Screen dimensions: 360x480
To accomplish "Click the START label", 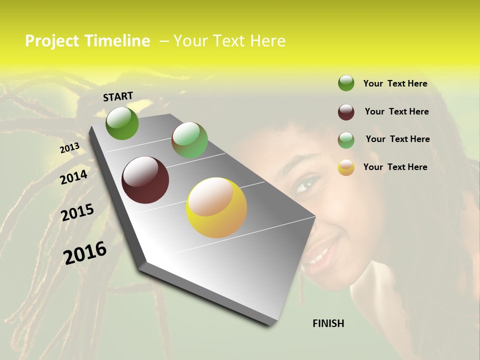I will coord(118,96).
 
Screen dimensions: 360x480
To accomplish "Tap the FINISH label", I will coord(328,323).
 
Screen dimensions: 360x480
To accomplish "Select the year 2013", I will coord(69,148).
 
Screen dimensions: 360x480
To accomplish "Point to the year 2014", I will coord(73,177).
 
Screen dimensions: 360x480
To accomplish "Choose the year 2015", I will coord(77,212).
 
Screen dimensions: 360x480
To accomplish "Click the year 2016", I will coord(85,252).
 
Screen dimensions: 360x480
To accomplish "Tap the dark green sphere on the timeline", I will coord(122,123).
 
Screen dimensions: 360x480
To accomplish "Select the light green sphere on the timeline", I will coord(189,140).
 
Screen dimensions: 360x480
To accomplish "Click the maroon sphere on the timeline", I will coord(145,180).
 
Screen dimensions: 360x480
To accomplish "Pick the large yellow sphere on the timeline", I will coord(216,207).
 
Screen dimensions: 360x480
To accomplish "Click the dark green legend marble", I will coord(346,83).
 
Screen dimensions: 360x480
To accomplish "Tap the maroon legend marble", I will coord(346,112).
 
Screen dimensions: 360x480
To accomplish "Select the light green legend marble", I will coord(346,140).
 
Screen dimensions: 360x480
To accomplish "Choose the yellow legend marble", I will coord(346,167).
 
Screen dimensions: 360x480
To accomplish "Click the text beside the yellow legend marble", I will coord(395,167).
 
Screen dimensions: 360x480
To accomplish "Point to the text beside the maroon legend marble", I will coord(396,111).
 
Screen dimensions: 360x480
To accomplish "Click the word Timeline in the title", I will coord(117,41).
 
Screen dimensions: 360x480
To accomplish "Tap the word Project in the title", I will coord(52,41).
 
